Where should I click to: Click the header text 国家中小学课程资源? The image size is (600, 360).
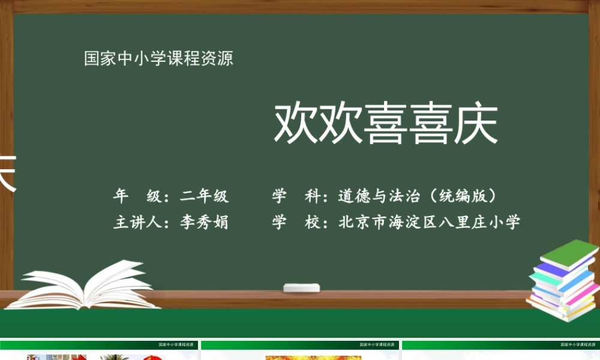coord(158,59)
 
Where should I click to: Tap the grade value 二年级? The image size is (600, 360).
coord(205,196)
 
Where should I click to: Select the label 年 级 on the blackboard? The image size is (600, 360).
coord(137,196)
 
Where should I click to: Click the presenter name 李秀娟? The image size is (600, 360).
coord(205,222)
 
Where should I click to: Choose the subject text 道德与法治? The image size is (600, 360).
coord(379,196)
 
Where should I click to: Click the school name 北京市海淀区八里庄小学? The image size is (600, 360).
coord(430,222)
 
